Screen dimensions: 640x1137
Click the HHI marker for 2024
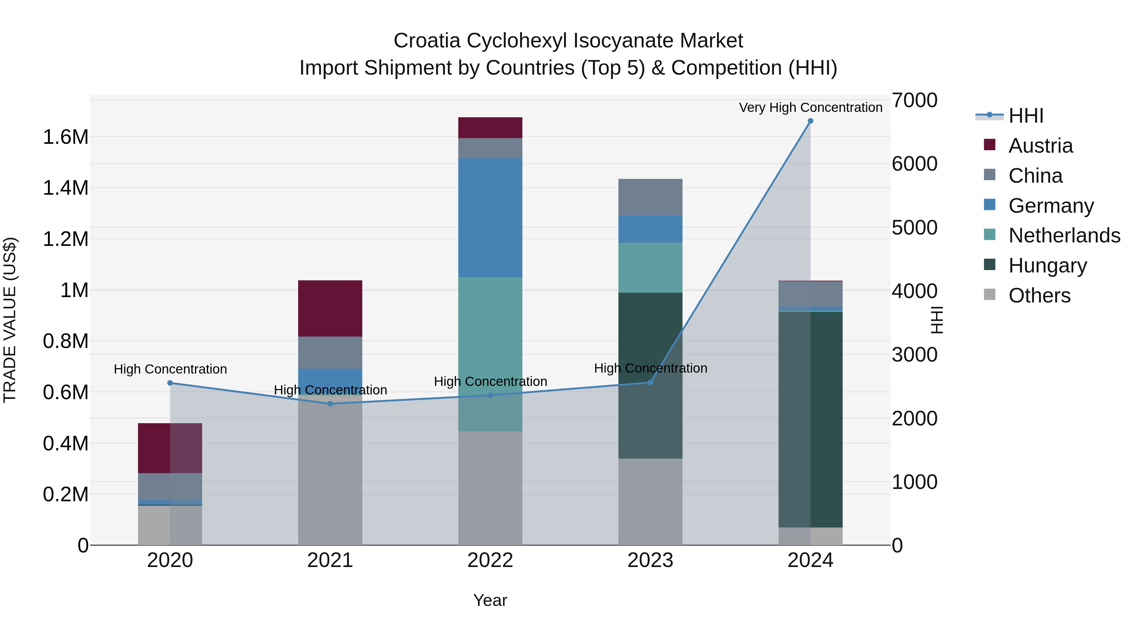(810, 121)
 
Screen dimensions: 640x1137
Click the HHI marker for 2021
(330, 404)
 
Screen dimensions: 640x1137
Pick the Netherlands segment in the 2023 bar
(650, 268)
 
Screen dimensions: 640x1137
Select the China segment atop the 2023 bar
(650, 197)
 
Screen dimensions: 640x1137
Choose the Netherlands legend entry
(1064, 235)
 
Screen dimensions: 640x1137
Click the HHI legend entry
(1026, 116)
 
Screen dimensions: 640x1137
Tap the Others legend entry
(1039, 296)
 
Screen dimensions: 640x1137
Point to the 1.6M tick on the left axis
(65, 137)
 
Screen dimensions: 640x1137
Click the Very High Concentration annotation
(810, 107)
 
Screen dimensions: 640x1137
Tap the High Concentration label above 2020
(170, 369)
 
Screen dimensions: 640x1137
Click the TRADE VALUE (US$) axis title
(10, 320)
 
